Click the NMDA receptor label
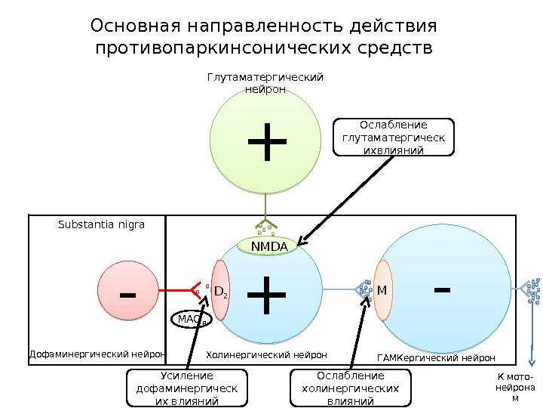[x=269, y=246]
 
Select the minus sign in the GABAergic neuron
[x=443, y=288]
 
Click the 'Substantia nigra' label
[x=101, y=224]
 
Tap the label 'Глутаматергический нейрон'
[x=265, y=83]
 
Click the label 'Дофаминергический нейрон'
[x=97, y=354]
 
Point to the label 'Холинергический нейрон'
[x=266, y=354]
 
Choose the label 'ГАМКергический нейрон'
[x=435, y=357]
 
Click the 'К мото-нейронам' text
[x=515, y=387]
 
